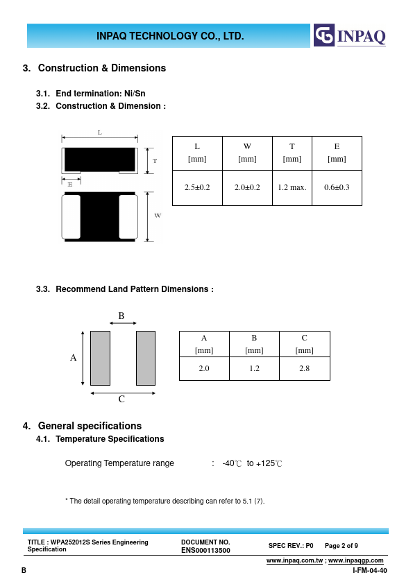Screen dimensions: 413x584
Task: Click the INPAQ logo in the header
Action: point(350,35)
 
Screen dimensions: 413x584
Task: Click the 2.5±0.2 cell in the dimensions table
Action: point(197,188)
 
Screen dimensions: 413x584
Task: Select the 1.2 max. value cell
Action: point(292,188)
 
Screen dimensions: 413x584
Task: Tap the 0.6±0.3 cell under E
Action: point(337,188)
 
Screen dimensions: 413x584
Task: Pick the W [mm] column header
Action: point(247,153)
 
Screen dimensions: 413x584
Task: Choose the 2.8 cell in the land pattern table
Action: point(304,368)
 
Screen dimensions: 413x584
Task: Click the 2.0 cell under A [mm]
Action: point(204,368)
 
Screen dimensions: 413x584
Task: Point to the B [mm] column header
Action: point(254,344)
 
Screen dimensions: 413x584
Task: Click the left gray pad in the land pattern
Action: point(100,358)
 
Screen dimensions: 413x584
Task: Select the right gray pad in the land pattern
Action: point(146,358)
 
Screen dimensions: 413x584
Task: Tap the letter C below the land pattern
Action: point(121,400)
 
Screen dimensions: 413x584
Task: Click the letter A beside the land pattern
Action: point(73,358)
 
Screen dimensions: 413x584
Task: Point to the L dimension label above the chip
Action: point(99,132)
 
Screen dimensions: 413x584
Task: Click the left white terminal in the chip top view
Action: point(71,216)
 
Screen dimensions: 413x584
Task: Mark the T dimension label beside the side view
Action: point(155,161)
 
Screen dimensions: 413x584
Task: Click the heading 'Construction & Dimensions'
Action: point(102,68)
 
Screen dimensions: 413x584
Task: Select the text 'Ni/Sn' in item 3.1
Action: point(135,94)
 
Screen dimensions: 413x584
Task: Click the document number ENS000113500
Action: point(205,550)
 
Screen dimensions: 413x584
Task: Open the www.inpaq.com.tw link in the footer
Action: point(294,560)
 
